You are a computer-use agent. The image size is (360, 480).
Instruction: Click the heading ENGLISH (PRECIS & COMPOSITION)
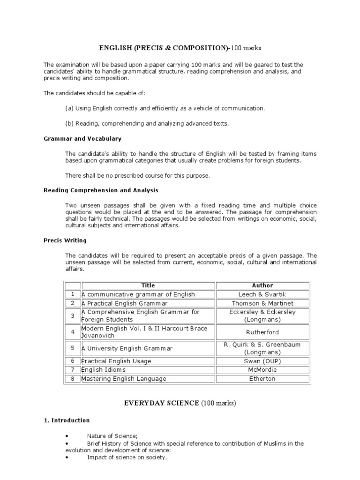(x=180, y=48)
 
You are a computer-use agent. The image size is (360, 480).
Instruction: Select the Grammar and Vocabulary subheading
(x=82, y=139)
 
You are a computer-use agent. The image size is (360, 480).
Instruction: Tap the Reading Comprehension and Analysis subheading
(x=101, y=190)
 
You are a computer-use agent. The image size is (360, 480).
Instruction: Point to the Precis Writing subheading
(x=65, y=240)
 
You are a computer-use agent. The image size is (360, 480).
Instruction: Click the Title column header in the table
(x=148, y=285)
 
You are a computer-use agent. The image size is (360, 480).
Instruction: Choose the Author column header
(x=262, y=285)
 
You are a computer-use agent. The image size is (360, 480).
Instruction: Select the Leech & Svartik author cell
(x=262, y=294)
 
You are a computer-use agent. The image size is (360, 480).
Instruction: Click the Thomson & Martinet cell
(x=262, y=303)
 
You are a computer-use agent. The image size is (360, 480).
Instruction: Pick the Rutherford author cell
(x=262, y=332)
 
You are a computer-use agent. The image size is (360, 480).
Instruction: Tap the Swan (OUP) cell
(x=262, y=361)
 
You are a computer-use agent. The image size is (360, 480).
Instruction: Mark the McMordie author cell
(x=262, y=370)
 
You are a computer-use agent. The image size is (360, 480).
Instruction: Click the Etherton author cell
(x=262, y=379)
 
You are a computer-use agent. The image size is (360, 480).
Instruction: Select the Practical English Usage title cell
(x=116, y=361)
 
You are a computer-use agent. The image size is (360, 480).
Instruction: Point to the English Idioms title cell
(x=104, y=370)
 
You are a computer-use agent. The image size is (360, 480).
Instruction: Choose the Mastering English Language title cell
(x=124, y=379)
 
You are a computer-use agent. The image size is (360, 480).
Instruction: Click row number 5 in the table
(x=73, y=348)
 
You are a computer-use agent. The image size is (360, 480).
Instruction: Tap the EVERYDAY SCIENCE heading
(x=180, y=403)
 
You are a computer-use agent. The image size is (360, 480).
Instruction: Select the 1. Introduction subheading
(x=67, y=420)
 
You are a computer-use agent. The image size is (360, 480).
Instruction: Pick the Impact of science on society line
(x=127, y=457)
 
